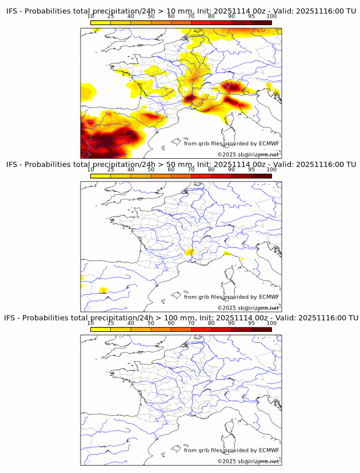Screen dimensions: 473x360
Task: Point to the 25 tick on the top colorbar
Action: click(x=111, y=17)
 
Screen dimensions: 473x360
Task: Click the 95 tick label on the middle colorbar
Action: click(x=251, y=170)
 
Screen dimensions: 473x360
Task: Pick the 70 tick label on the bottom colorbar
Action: click(x=191, y=323)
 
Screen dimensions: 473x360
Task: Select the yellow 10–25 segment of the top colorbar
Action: click(x=101, y=22)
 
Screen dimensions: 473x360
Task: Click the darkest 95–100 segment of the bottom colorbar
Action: click(x=262, y=328)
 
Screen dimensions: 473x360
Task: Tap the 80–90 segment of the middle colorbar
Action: click(x=221, y=175)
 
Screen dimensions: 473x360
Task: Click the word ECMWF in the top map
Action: click(x=269, y=143)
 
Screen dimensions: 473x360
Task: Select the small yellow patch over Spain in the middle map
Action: click(x=103, y=290)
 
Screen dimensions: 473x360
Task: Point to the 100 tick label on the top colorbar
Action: click(x=271, y=17)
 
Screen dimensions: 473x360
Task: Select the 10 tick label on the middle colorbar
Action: click(x=91, y=170)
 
